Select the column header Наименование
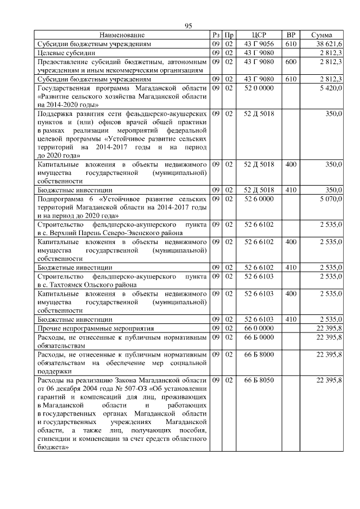(122, 35)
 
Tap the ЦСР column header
(259, 35)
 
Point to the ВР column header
(291, 35)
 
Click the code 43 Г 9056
(259, 43)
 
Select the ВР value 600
(291, 61)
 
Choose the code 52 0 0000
(259, 88)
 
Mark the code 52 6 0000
(259, 199)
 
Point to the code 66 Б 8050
(259, 381)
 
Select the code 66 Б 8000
(259, 354)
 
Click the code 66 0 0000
(259, 328)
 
